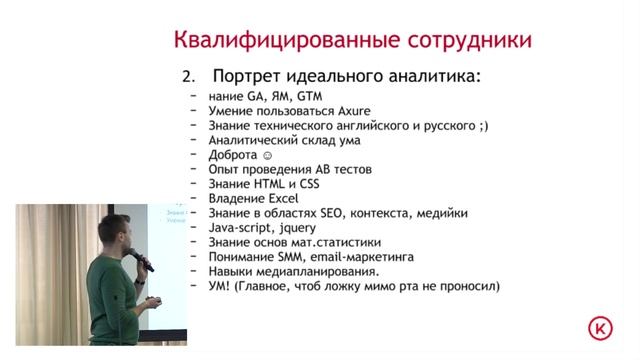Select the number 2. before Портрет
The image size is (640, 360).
(x=187, y=77)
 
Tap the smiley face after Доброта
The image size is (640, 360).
(x=265, y=156)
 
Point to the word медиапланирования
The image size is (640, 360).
(x=320, y=271)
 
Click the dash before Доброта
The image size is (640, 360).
(x=191, y=156)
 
